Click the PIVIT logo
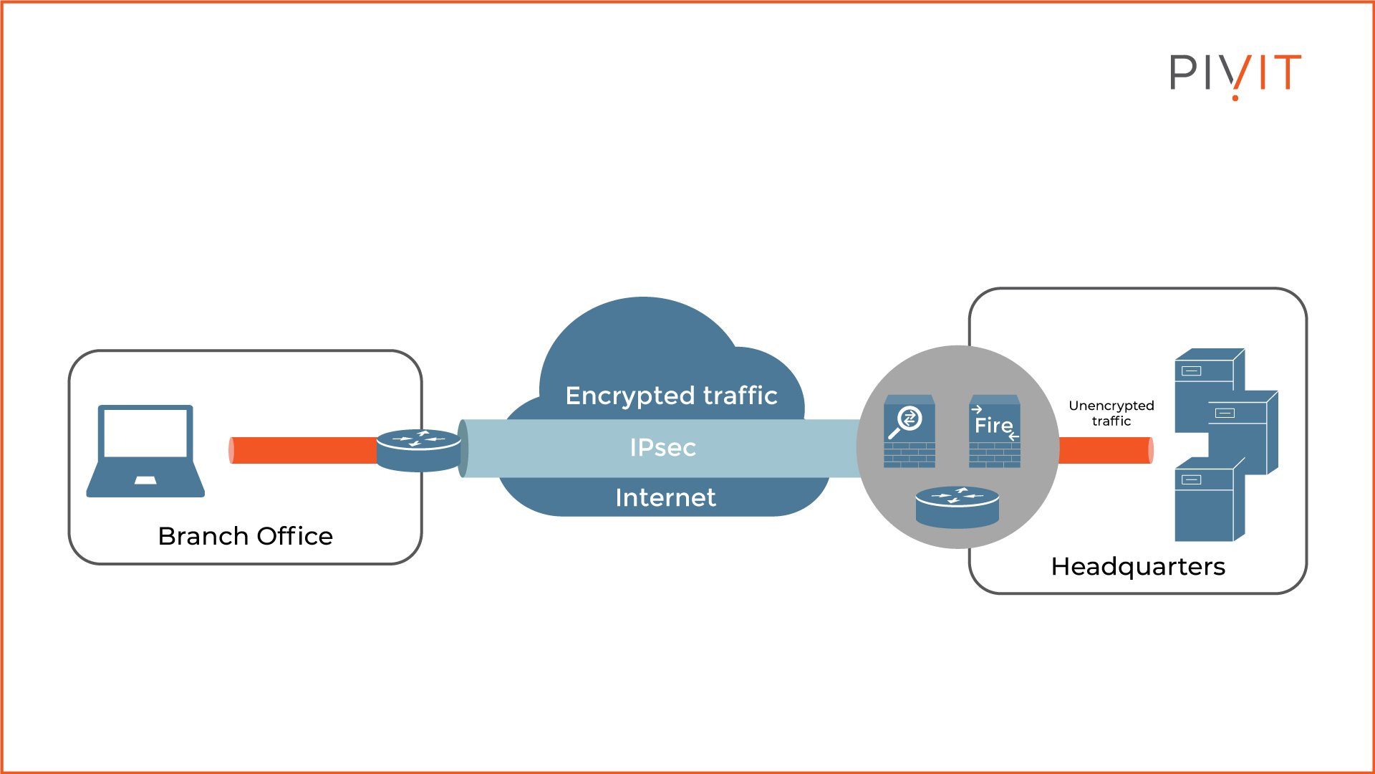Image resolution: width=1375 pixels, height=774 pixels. [1235, 74]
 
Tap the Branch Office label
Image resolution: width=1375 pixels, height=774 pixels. [245, 536]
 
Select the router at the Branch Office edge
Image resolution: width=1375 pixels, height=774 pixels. [418, 450]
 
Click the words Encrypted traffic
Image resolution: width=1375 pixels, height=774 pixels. [671, 396]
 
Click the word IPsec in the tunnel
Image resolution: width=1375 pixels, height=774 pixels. [662, 448]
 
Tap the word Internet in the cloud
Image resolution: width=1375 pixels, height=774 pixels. [665, 497]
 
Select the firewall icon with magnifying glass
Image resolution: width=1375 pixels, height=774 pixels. [909, 431]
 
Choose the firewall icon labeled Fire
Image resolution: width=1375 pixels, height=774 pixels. [995, 431]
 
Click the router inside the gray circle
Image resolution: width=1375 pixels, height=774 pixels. [957, 507]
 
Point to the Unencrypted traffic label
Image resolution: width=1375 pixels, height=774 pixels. [1111, 413]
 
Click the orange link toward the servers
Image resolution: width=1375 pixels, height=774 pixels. [1105, 450]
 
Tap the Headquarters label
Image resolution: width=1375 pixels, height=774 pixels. [1138, 566]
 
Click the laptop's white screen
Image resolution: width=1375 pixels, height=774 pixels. [145, 433]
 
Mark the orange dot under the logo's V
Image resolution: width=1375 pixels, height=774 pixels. [1235, 97]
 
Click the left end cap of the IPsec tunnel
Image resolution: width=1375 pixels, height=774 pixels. [463, 449]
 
